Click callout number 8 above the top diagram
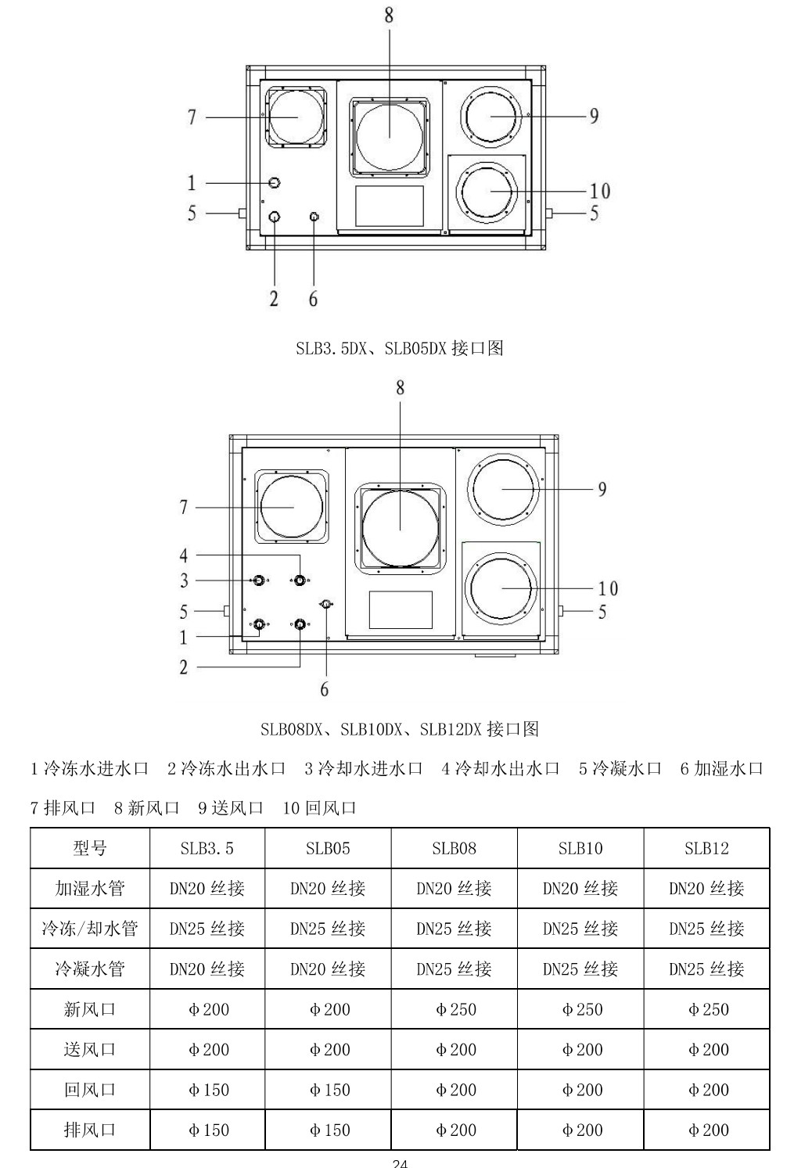pos(389,16)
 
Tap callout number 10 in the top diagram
pos(600,191)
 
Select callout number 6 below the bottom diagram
pos(324,689)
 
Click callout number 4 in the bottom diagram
pos(184,555)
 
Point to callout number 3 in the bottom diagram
pos(184,580)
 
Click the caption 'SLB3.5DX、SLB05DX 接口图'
pos(399,348)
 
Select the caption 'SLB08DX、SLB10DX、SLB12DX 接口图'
pos(400,729)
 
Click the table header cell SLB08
pos(454,848)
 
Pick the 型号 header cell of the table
pos(90,848)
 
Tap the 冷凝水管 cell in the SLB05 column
pos(328,969)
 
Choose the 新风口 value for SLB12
pos(707,1009)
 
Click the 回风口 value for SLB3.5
pos(207,1090)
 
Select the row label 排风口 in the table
pos(90,1130)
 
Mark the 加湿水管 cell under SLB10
pos(580,889)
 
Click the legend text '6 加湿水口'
pos(721,768)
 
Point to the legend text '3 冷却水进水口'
pos(364,768)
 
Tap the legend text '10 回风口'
pos(319,807)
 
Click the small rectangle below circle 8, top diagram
pos(390,206)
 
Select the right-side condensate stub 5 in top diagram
pos(549,214)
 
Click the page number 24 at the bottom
pos(400,1163)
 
